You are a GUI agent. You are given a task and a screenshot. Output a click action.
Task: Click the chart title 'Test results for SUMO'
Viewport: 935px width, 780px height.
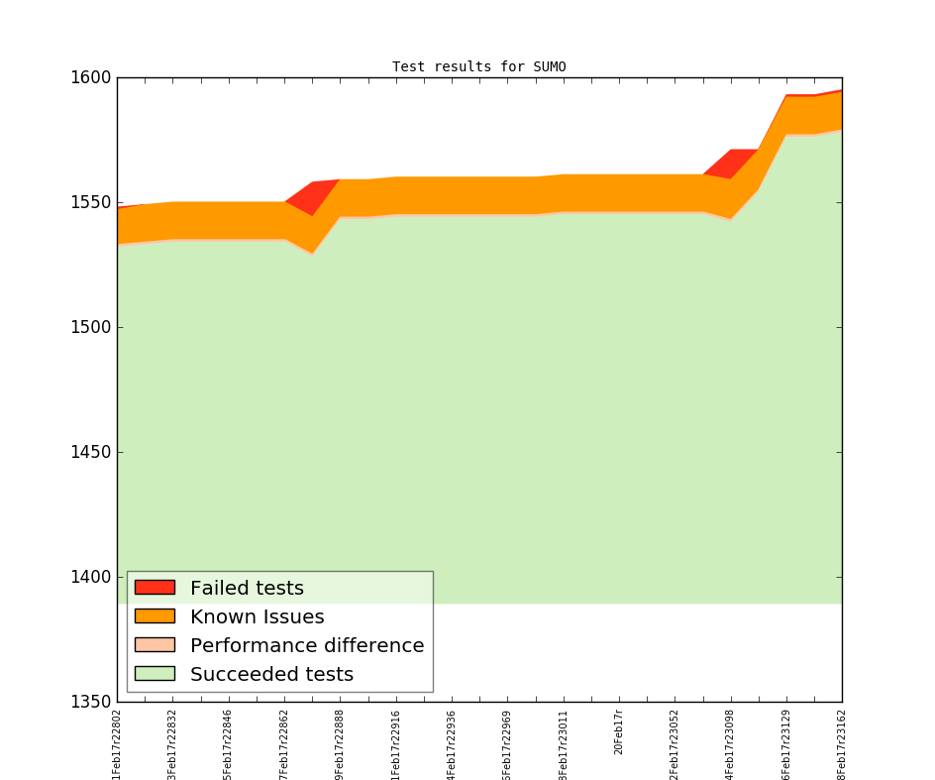(x=478, y=67)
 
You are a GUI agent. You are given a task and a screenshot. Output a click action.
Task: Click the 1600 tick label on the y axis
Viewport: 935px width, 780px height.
(x=92, y=77)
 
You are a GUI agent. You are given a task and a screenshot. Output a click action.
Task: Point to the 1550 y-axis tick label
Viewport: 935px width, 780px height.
(x=92, y=202)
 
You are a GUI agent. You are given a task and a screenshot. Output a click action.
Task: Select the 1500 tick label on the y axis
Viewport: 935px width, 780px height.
(x=92, y=327)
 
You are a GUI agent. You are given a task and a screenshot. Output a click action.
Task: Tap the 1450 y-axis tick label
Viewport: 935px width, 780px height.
(x=92, y=452)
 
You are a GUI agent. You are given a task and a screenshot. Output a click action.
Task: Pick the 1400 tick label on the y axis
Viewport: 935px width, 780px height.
(x=92, y=577)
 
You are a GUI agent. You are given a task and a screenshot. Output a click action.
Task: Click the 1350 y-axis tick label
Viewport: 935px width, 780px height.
(x=92, y=702)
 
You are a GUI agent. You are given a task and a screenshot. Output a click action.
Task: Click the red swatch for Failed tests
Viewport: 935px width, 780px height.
(x=155, y=588)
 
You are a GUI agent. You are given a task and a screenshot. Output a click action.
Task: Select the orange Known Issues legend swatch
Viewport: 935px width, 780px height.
(x=155, y=616)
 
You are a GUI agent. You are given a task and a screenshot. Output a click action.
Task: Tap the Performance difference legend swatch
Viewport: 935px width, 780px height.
(x=155, y=645)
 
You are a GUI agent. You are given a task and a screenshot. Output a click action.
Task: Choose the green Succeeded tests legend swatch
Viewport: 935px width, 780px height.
(x=155, y=674)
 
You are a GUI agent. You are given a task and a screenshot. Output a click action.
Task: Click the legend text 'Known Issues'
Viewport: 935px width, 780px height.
(x=257, y=616)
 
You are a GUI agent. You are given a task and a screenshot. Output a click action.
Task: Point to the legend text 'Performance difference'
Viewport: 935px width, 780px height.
(x=307, y=645)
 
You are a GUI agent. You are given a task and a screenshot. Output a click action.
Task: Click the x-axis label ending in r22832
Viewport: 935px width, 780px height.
(x=173, y=743)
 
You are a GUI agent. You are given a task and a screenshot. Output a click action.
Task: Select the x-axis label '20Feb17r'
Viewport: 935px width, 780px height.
(x=619, y=731)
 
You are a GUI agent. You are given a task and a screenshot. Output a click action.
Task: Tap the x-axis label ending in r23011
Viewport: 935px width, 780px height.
(x=564, y=743)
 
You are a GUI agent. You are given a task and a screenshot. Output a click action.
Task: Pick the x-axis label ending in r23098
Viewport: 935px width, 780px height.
(x=731, y=743)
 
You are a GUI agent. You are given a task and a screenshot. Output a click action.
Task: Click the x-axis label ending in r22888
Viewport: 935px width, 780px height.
(x=341, y=743)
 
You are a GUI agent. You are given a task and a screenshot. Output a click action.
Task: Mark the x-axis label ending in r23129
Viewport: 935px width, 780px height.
(x=786, y=743)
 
